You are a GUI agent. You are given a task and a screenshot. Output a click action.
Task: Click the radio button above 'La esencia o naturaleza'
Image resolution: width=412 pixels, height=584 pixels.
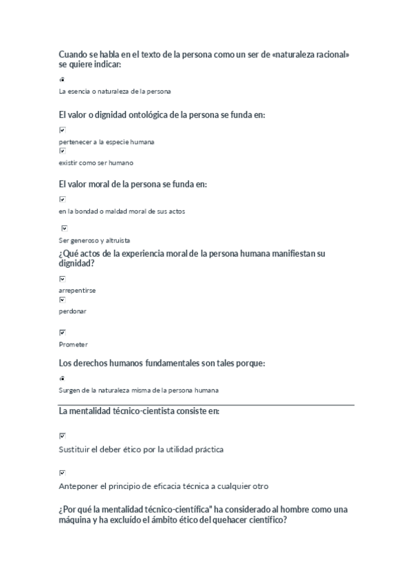[62, 80]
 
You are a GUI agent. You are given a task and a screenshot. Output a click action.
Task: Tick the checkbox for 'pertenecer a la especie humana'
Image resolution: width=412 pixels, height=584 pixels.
[63, 129]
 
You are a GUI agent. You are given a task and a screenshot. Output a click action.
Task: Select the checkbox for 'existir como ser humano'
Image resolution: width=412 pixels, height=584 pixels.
[63, 150]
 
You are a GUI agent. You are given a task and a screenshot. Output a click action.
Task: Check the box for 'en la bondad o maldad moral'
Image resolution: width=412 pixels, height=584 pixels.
[63, 199]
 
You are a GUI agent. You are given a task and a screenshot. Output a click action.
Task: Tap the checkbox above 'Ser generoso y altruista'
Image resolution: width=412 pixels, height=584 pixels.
[65, 228]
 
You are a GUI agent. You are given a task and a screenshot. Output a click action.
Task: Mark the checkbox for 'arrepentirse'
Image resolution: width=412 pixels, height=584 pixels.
[63, 279]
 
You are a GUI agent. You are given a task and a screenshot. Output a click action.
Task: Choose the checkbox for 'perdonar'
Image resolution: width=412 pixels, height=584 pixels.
[63, 300]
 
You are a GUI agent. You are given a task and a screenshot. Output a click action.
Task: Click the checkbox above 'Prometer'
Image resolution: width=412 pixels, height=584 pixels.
[63, 332]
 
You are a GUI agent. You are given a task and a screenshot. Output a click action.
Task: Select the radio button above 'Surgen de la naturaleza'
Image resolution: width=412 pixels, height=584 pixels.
[62, 378]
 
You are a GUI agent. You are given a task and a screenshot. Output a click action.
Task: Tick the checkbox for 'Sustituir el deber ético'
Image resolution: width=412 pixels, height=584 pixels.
[63, 435]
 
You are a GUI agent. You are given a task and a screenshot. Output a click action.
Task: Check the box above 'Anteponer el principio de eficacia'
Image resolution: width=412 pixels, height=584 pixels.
[63, 472]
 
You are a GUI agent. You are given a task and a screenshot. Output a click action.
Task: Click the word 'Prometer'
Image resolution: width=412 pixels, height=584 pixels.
[74, 344]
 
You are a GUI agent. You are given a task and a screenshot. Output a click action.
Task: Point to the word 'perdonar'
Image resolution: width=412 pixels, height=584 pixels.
[73, 311]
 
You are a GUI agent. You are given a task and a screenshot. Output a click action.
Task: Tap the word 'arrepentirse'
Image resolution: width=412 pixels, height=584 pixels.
[77, 291]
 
